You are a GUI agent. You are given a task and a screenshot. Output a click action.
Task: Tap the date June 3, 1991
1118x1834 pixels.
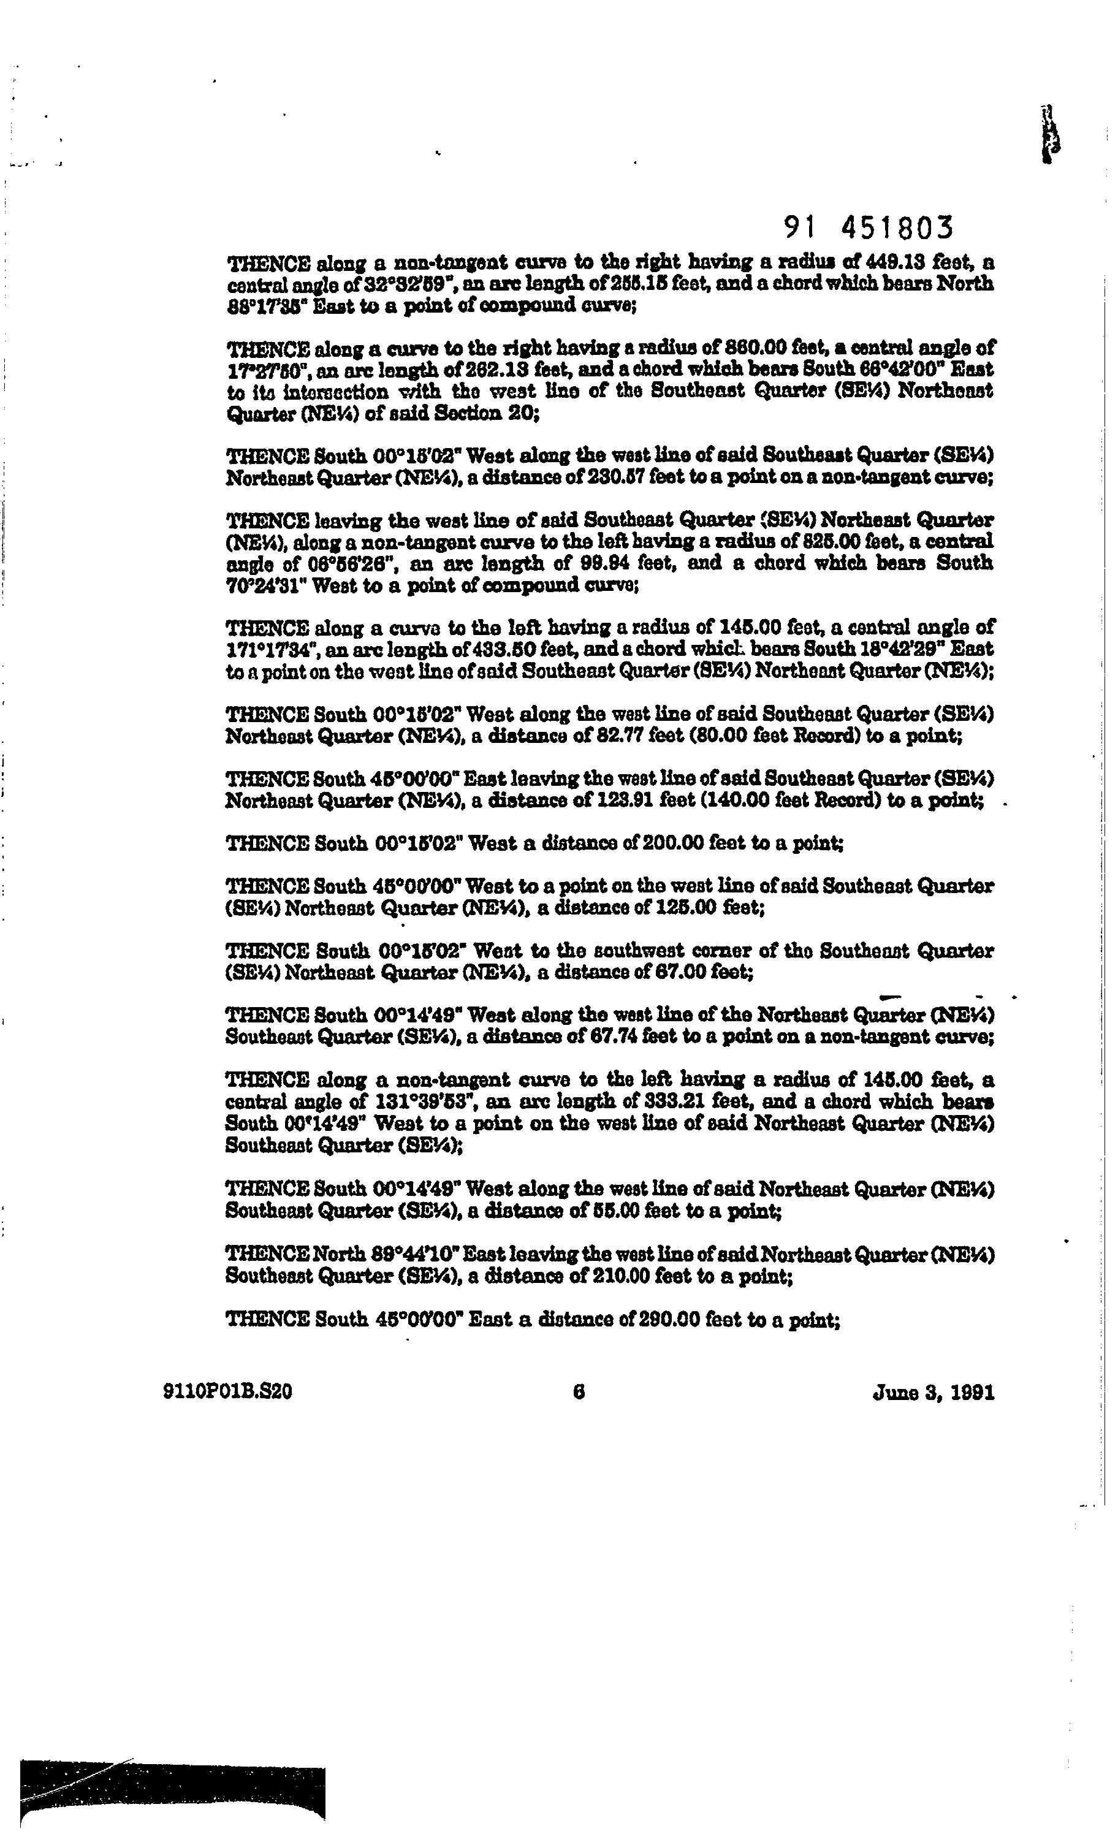click(x=933, y=1392)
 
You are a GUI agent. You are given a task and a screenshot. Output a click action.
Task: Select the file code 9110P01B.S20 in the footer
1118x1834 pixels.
click(x=227, y=1392)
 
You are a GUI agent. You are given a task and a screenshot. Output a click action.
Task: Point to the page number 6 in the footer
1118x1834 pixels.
click(x=579, y=1392)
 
